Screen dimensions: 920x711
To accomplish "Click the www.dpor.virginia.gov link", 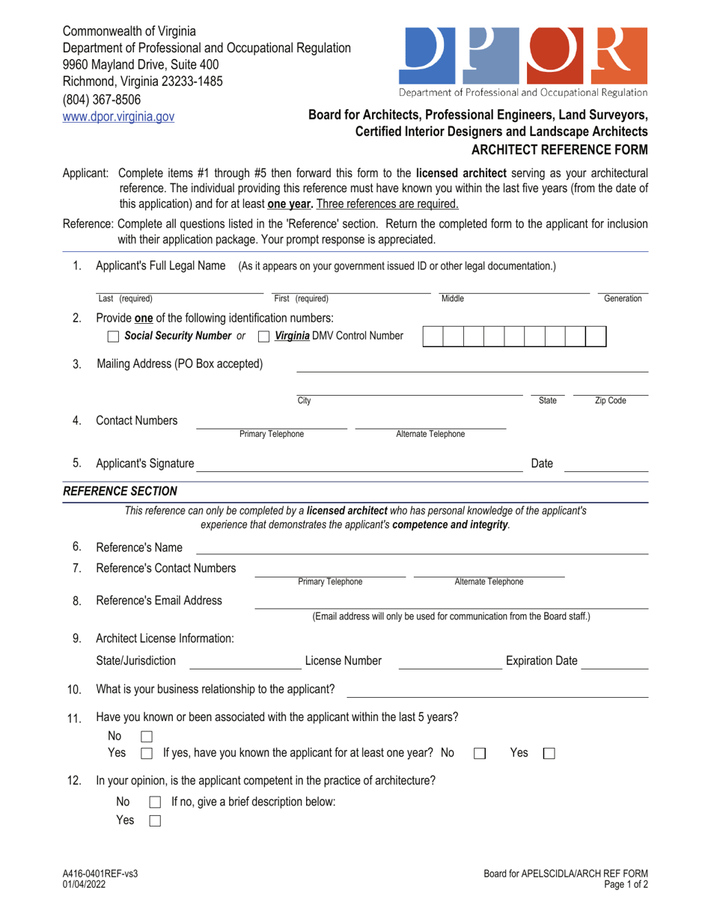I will pyautogui.click(x=118, y=116).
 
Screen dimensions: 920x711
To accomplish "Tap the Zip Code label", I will pyautogui.click(x=610, y=401).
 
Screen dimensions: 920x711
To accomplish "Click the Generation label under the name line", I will pyautogui.click(x=623, y=299).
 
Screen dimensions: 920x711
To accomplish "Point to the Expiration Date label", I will pyautogui.click(x=542, y=660).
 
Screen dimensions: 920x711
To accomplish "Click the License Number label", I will pyautogui.click(x=344, y=660).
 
